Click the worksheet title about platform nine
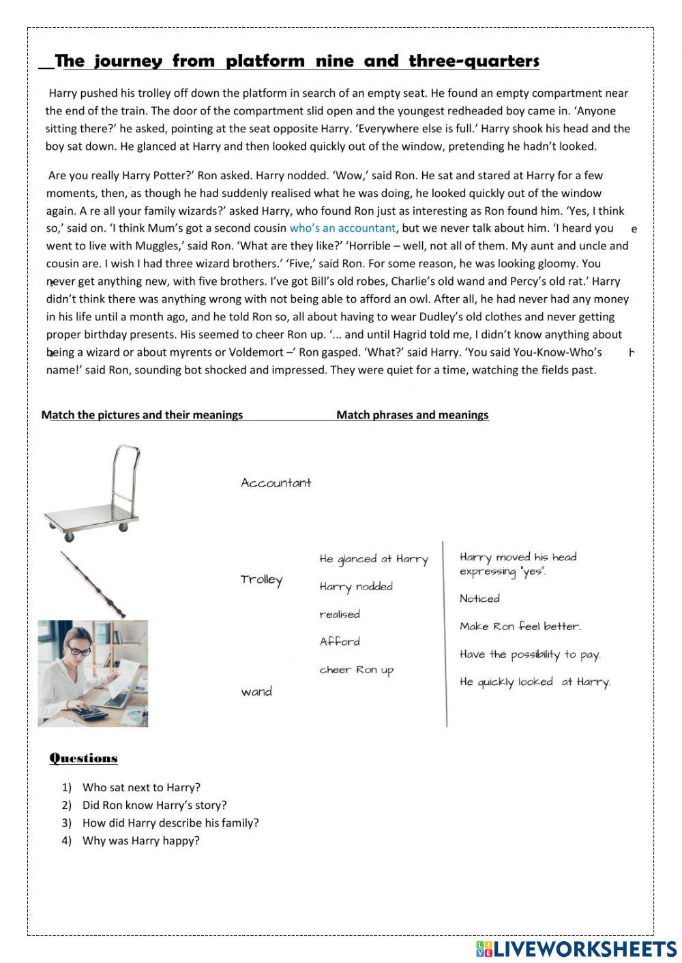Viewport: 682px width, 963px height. click(x=297, y=61)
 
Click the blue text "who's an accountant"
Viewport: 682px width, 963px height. click(x=342, y=228)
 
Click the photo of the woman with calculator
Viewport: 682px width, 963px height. click(x=93, y=673)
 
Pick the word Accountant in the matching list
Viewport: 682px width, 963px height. click(x=276, y=483)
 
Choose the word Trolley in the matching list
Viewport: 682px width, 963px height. click(x=261, y=580)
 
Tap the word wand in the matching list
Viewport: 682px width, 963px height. click(x=256, y=692)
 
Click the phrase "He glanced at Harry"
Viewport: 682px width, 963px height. click(x=374, y=560)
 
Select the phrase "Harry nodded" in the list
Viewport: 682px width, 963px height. click(x=356, y=587)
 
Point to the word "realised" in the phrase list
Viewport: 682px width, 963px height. click(x=340, y=615)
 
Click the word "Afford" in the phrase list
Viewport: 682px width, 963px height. click(x=340, y=642)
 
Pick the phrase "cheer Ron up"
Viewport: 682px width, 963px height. click(x=357, y=670)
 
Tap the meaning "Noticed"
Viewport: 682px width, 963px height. click(x=479, y=599)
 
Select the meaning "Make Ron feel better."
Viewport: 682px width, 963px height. click(x=520, y=626)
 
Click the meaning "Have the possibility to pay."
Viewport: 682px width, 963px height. click(x=530, y=655)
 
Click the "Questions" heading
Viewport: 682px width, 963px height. click(x=84, y=759)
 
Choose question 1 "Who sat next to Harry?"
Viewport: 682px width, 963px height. click(x=141, y=788)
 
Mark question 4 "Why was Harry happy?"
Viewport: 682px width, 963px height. click(x=140, y=841)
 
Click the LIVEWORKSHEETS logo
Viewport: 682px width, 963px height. click(x=576, y=949)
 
